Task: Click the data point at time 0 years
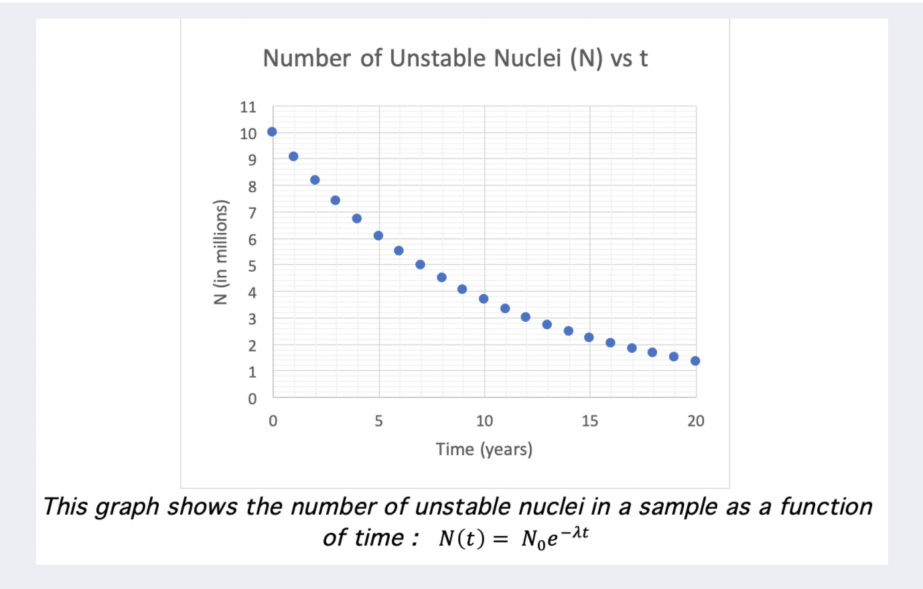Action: tap(272, 132)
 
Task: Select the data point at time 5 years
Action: tap(378, 236)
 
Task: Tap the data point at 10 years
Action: tap(484, 299)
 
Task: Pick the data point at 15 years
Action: tap(589, 337)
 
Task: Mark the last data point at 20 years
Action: tap(695, 361)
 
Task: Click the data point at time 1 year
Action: tap(293, 157)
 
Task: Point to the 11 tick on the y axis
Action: tap(248, 107)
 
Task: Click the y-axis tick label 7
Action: tap(252, 214)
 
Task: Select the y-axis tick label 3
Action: tap(252, 319)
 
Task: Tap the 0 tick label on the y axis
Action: tap(252, 399)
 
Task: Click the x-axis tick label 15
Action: tap(589, 421)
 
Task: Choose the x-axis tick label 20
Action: tap(696, 421)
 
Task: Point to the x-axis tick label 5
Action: tap(378, 421)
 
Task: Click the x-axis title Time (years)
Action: tap(484, 449)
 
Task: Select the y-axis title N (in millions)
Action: tap(220, 252)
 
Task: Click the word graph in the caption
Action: tap(128, 507)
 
